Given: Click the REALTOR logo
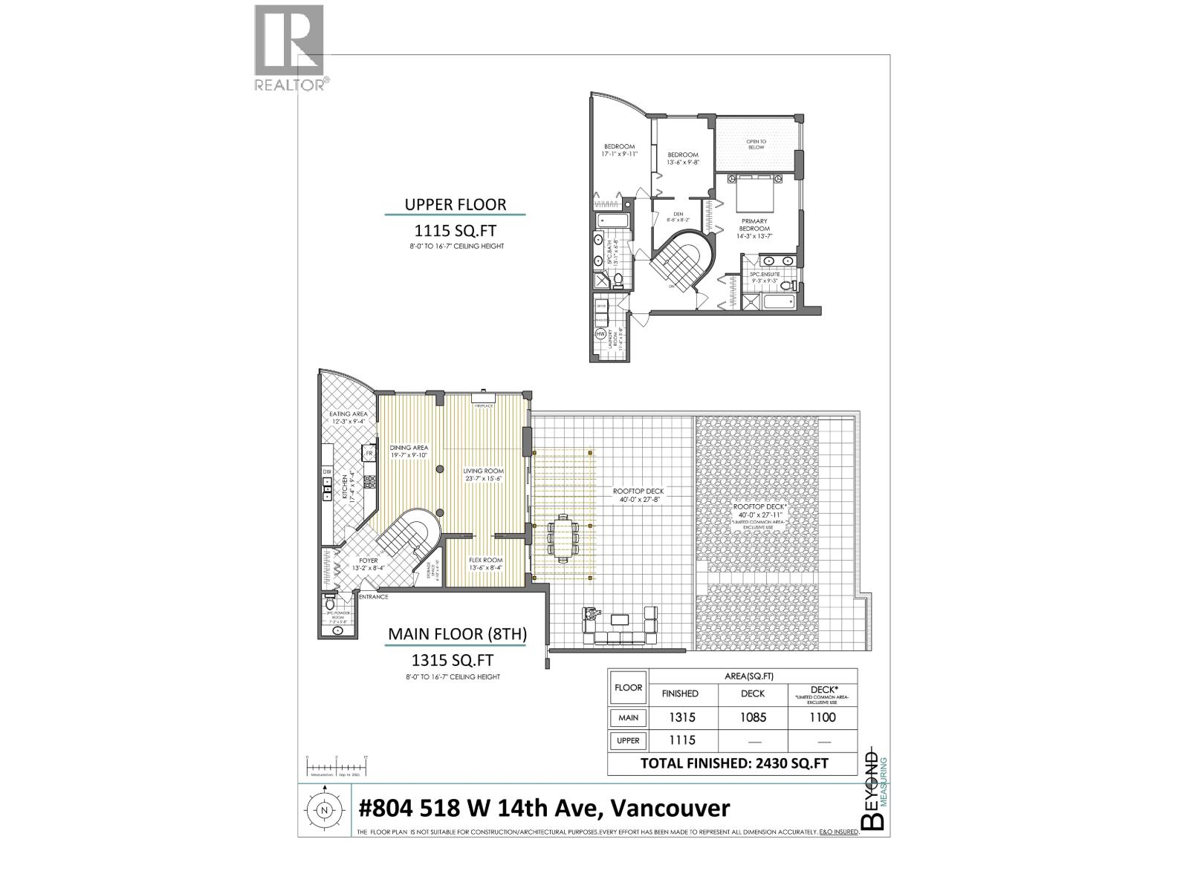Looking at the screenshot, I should click(x=289, y=48).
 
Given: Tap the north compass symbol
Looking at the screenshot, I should click(x=324, y=811).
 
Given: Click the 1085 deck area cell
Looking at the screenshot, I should click(x=753, y=717).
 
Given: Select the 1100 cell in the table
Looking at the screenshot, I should click(x=823, y=717).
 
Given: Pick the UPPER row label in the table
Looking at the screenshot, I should click(x=628, y=740).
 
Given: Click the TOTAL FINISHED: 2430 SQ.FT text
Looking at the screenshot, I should click(x=734, y=763).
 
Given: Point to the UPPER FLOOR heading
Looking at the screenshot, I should click(x=455, y=204).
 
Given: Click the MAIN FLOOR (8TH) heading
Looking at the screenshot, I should click(x=457, y=634).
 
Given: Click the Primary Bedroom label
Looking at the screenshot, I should click(x=754, y=224).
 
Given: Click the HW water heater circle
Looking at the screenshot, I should click(x=600, y=335).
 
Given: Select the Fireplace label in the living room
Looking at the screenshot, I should click(x=483, y=406).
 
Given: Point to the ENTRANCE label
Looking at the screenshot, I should click(x=373, y=596).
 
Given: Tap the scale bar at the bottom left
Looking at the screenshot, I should click(x=336, y=766).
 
